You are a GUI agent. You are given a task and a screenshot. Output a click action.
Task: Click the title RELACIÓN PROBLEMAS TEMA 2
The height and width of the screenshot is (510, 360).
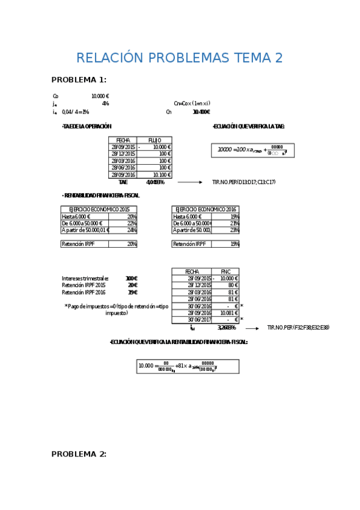click(179, 58)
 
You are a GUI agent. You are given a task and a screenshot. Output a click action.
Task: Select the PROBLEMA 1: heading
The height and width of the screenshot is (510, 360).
click(79, 79)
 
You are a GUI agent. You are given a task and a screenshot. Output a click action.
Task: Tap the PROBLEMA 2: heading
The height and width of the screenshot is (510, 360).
click(79, 454)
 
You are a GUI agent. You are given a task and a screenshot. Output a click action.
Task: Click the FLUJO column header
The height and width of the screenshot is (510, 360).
click(154, 140)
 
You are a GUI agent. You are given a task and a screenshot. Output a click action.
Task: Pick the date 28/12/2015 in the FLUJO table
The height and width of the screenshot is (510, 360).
click(123, 154)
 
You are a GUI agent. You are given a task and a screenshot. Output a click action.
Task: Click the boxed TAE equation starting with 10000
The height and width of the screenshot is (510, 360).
click(252, 150)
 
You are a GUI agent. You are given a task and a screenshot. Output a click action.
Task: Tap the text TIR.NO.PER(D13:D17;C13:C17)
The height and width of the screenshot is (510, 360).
click(244, 182)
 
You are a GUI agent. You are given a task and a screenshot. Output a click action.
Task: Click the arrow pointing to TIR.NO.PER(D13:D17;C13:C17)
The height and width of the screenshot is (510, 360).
click(191, 182)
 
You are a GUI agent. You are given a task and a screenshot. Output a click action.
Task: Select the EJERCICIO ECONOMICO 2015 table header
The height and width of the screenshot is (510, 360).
click(99, 209)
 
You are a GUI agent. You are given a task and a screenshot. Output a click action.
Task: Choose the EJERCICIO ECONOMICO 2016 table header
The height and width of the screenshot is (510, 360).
click(206, 209)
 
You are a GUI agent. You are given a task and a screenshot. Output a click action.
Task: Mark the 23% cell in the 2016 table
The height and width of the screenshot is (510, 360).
click(234, 230)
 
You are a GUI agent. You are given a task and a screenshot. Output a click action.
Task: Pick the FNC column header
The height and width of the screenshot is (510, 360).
click(225, 271)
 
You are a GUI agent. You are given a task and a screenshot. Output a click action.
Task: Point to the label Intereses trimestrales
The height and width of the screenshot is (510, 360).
click(85, 278)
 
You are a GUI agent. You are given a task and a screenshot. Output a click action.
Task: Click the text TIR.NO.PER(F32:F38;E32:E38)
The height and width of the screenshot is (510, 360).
click(298, 328)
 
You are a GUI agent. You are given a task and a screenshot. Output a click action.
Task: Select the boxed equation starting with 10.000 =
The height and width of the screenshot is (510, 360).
click(188, 366)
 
